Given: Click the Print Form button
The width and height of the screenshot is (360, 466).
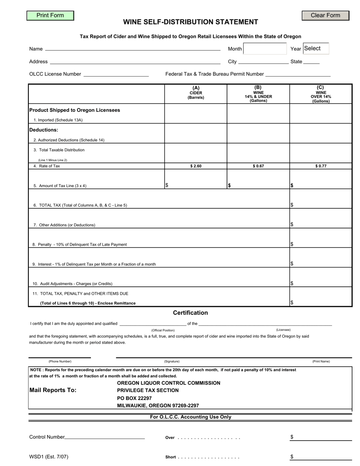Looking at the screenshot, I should click(x=50, y=16).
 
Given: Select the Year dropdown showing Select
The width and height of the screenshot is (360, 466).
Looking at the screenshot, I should click(x=316, y=48).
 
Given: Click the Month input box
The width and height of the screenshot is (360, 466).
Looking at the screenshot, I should click(x=265, y=48).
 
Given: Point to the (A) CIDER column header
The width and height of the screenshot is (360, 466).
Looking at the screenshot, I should click(x=196, y=93).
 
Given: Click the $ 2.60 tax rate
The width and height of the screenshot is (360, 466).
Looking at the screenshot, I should click(x=196, y=166).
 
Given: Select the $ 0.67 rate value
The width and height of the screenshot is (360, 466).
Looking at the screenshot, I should click(x=258, y=166).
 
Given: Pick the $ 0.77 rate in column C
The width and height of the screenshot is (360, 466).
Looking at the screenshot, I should click(x=321, y=166).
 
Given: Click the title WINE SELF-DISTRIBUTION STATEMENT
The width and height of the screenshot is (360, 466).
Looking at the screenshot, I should click(x=191, y=22).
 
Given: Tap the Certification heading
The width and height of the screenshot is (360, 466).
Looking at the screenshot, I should click(x=190, y=313).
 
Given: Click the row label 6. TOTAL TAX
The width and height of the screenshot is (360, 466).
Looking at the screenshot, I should click(x=80, y=205).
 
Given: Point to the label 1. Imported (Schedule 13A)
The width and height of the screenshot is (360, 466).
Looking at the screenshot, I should click(x=58, y=120).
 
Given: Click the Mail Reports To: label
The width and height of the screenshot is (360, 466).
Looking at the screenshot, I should click(x=53, y=390).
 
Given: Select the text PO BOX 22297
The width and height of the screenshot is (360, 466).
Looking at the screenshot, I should click(x=135, y=398).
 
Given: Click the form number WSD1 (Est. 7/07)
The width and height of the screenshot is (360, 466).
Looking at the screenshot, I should click(x=49, y=457).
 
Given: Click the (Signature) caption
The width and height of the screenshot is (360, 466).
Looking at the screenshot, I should click(x=172, y=361).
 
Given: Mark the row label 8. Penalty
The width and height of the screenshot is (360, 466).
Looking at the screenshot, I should click(x=80, y=245).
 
